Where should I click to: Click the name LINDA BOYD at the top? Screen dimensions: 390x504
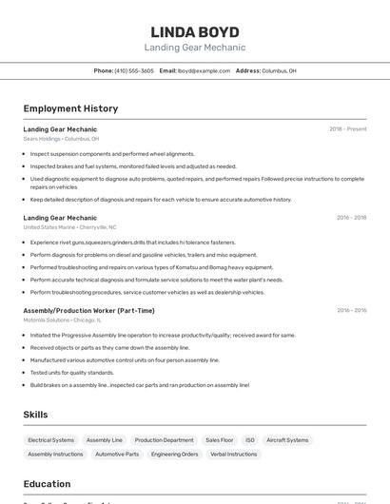point(194,31)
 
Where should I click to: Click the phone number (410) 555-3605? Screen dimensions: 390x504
point(133,70)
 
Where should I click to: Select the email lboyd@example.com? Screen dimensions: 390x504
point(204,70)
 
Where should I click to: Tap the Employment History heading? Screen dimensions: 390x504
point(70,108)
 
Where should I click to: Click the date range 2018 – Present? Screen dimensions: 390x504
point(347,128)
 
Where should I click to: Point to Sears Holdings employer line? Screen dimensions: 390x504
point(61,139)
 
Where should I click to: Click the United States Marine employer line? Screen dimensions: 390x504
point(69,227)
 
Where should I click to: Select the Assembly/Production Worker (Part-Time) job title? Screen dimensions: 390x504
point(88,310)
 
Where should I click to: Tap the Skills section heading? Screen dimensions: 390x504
point(35,415)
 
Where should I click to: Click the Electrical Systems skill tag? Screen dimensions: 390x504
point(50,440)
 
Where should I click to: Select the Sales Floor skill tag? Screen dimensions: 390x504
point(220,440)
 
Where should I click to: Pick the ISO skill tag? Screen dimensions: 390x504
point(250,440)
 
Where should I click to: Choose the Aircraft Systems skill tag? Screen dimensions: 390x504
point(287,440)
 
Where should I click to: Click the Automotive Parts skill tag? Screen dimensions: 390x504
point(117,455)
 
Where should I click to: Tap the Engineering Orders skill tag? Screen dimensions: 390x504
point(174,455)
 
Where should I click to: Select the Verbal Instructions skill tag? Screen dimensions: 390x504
point(233,455)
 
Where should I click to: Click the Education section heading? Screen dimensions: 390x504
point(47,483)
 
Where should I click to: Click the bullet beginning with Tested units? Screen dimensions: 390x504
point(71,373)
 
